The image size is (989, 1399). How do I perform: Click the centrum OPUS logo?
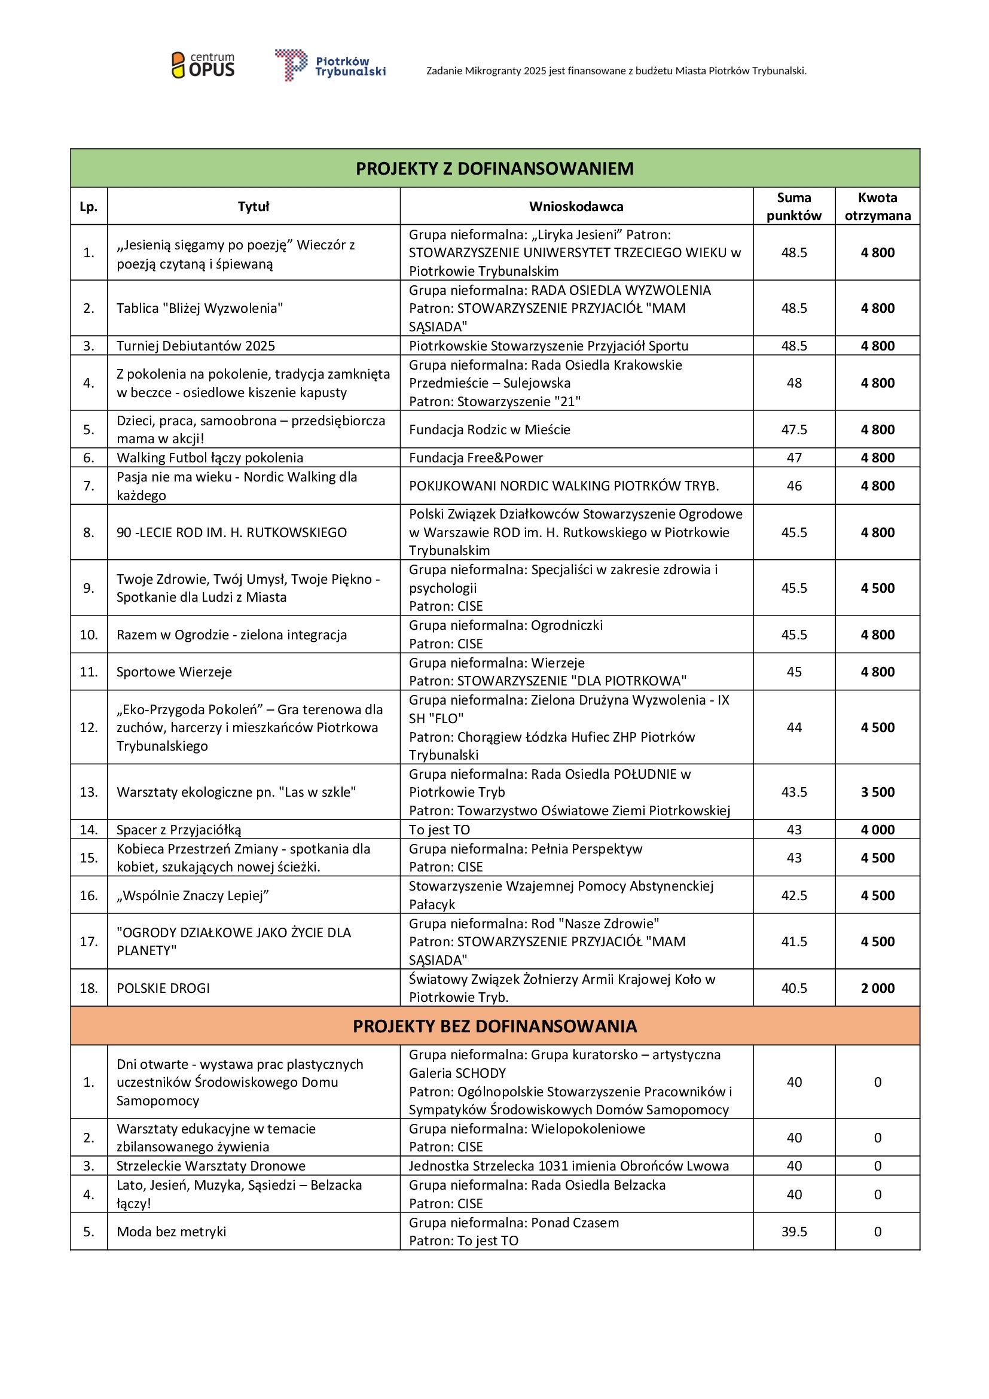[x=203, y=65]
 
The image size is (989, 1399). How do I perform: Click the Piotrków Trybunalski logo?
[x=330, y=65]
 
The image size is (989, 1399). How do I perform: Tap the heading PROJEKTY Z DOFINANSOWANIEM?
[x=494, y=168]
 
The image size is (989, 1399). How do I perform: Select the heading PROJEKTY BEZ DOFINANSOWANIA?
[x=494, y=1026]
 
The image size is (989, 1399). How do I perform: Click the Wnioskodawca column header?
[x=575, y=206]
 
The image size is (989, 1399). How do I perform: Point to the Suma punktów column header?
[x=793, y=206]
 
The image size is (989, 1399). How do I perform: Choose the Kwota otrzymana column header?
[x=877, y=206]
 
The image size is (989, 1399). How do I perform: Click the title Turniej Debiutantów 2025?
[x=196, y=346]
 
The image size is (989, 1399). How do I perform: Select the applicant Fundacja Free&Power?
[x=475, y=458]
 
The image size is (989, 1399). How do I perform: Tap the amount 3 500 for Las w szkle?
[x=877, y=792]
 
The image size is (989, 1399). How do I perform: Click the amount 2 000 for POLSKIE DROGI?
[x=877, y=988]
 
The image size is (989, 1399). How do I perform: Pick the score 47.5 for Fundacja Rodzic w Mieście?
[x=793, y=429]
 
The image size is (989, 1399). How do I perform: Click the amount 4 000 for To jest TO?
[x=877, y=830]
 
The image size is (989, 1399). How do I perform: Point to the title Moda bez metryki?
[x=171, y=1232]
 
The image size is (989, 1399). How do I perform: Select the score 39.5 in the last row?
[x=793, y=1232]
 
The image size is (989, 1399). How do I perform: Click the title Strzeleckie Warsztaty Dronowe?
[x=210, y=1166]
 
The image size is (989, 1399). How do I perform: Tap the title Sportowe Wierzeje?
[x=174, y=672]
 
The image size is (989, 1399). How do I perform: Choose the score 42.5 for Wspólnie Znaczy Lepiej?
[x=793, y=896]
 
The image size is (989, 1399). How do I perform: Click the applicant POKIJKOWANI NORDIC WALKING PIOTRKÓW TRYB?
[x=564, y=486]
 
